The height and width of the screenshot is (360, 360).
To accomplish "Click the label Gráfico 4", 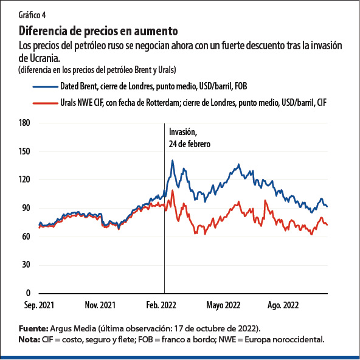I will [x=33, y=15].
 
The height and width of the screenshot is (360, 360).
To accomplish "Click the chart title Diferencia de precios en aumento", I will [x=99, y=30].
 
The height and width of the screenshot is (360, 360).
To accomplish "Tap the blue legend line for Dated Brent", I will [x=43, y=86].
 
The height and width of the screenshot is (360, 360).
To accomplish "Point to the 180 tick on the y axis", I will [x=25, y=123].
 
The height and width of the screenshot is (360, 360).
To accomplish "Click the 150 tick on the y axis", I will [x=25, y=151].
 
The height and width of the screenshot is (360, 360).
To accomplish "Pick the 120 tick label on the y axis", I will [x=25, y=179].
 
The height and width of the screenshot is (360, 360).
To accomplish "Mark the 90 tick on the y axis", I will [x=27, y=208].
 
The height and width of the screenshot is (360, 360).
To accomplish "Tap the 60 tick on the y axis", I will [x=27, y=237].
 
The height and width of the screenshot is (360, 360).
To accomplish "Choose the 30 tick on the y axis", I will [x=27, y=265].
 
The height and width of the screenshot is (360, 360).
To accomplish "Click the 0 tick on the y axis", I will [x=29, y=293].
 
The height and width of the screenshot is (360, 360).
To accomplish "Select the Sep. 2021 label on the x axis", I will [x=38, y=305].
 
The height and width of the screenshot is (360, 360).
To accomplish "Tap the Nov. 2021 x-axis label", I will [x=100, y=305].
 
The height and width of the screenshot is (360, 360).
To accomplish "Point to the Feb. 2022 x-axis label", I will [x=161, y=305].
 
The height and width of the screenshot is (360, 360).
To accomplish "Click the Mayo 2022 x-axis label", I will [x=223, y=305].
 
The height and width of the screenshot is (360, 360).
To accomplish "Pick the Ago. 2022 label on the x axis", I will [x=283, y=305].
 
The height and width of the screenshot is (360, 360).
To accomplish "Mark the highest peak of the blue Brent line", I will [x=173, y=161].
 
